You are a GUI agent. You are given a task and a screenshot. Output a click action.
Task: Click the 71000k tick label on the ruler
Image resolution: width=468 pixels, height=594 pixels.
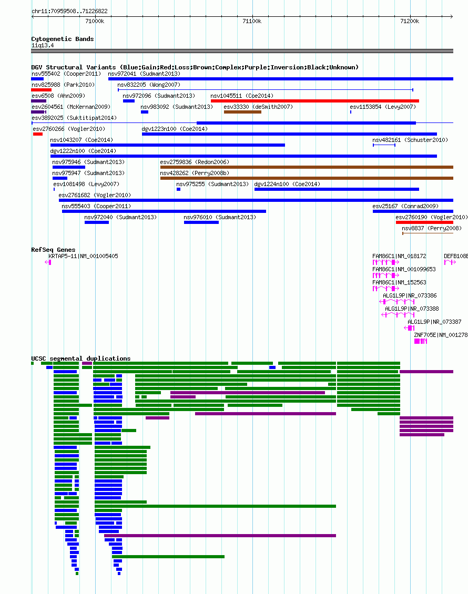(95, 21)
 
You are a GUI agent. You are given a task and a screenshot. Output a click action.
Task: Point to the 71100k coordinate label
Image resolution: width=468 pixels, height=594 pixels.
(252, 21)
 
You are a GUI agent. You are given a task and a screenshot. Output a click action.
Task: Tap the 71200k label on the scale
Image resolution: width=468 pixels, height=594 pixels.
(410, 21)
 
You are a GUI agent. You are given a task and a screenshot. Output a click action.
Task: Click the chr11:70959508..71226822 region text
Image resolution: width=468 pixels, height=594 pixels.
(69, 12)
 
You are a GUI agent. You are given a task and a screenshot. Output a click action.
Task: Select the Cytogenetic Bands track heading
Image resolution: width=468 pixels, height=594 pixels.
(63, 39)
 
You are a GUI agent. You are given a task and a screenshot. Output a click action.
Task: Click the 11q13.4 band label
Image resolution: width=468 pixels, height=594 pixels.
(43, 45)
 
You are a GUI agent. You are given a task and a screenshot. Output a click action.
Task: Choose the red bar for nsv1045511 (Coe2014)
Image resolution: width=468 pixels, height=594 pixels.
(315, 101)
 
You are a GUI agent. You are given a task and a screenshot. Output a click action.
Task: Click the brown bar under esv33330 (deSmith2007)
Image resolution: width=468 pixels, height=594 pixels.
(242, 112)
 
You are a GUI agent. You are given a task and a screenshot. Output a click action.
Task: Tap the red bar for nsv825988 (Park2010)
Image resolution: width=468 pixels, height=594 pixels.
(42, 90)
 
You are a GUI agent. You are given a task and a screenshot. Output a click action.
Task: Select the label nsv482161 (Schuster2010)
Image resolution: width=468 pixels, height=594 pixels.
(410, 140)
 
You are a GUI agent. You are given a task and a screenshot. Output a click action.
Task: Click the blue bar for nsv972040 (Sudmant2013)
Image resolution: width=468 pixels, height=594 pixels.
(97, 222)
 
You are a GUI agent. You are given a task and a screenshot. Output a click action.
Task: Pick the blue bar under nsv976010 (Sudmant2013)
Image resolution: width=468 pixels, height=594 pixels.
(201, 222)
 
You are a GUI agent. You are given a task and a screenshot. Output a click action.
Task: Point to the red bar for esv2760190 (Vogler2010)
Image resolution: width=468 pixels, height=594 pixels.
(424, 222)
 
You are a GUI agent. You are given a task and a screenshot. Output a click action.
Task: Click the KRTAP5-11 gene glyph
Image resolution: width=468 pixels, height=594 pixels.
(48, 262)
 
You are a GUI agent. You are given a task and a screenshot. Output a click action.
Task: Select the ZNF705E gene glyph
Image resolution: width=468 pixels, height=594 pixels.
(421, 341)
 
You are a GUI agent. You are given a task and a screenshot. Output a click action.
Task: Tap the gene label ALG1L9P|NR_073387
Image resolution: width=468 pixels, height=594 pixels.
(435, 322)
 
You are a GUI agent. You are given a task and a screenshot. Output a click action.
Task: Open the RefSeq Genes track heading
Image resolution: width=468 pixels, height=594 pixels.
(53, 250)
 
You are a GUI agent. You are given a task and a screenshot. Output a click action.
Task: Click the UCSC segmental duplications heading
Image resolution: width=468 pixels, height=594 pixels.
(80, 359)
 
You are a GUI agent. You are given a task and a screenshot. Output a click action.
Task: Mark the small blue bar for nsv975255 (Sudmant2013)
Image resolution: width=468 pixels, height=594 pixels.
(178, 189)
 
